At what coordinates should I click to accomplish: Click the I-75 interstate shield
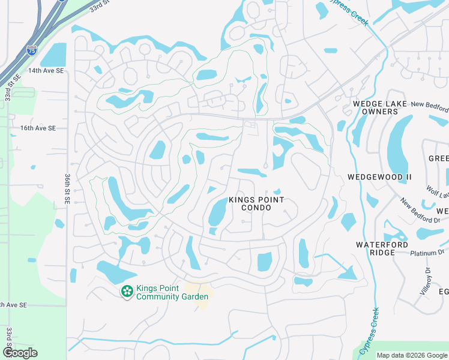(32, 52)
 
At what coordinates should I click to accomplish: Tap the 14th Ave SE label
(46, 71)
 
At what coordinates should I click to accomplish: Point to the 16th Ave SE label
(38, 128)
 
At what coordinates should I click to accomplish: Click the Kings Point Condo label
(256, 203)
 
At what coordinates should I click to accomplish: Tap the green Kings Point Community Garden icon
(127, 292)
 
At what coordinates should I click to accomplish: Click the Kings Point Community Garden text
(172, 292)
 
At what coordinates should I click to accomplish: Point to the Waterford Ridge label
(382, 248)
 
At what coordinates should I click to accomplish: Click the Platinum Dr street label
(426, 253)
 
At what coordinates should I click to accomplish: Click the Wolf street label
(436, 191)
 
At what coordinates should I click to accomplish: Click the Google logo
(20, 353)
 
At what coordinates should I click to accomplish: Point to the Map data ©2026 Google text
(412, 355)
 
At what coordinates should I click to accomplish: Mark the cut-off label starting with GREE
(438, 158)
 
